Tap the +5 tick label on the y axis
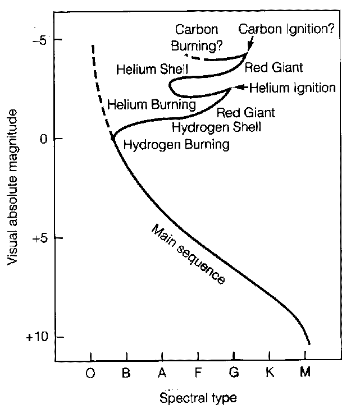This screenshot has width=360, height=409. [39, 238]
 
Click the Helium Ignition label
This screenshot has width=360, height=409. [292, 88]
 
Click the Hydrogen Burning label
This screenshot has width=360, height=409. [176, 145]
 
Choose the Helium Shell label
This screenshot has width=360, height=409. [151, 70]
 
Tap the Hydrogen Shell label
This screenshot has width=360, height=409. [216, 127]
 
